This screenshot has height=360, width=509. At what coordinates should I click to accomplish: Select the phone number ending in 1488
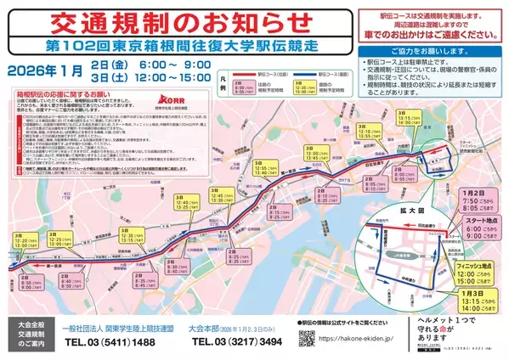(x=113, y=342)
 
